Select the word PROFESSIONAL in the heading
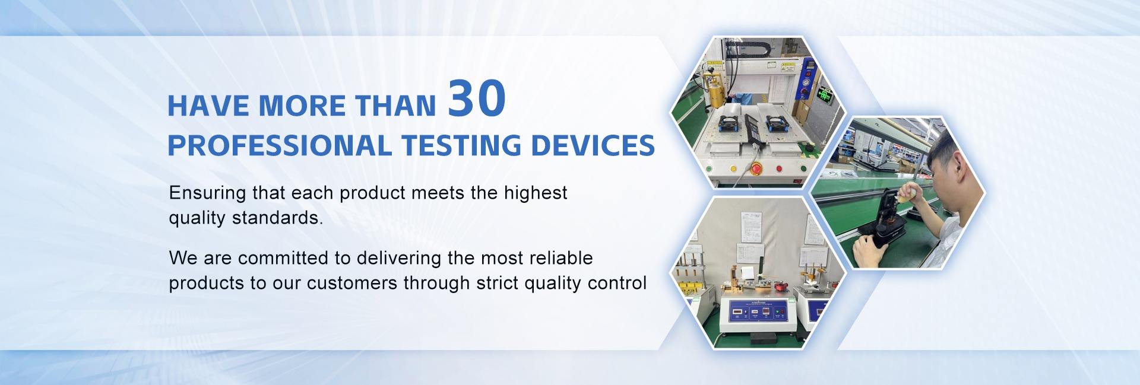[x=279, y=145]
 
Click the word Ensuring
[x=207, y=193]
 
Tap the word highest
[x=536, y=193]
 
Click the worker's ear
[x=955, y=168]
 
